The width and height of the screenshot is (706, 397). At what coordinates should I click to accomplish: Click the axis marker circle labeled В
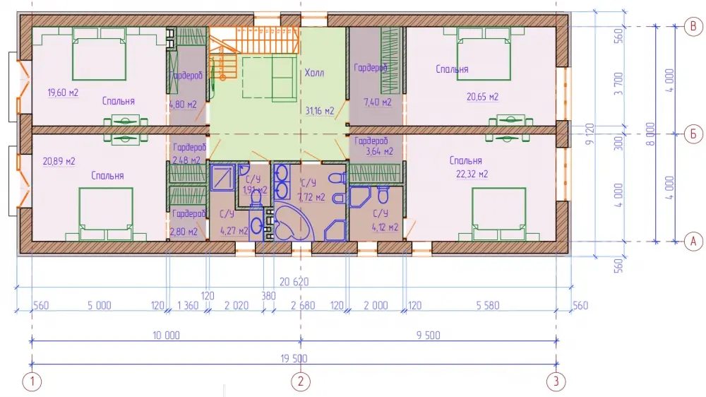tap(693, 26)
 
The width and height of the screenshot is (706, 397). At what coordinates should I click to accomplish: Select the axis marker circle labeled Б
tap(693, 134)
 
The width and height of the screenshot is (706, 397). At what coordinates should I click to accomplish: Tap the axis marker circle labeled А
tap(693, 241)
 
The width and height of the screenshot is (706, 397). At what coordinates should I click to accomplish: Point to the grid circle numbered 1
tap(32, 381)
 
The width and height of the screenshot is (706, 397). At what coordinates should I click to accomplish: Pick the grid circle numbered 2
tap(301, 381)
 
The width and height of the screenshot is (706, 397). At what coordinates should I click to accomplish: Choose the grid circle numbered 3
tap(556, 381)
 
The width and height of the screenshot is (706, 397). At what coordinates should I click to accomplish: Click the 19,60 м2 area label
tap(63, 93)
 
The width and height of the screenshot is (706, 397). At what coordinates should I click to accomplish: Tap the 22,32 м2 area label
tap(472, 174)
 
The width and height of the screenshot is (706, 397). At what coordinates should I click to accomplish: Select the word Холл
tap(314, 73)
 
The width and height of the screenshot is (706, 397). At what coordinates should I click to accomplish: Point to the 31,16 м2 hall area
tap(320, 111)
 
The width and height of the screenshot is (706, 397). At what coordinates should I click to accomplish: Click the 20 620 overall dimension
tap(294, 282)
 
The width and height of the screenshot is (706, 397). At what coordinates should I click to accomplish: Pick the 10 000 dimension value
tap(166, 336)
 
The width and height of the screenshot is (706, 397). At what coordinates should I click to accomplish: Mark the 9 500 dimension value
tap(429, 336)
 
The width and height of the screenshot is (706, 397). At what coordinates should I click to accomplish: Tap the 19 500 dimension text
tap(294, 359)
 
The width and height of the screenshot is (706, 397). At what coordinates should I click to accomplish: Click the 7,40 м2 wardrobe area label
tap(378, 102)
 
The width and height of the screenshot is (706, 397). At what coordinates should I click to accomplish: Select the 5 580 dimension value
tap(488, 306)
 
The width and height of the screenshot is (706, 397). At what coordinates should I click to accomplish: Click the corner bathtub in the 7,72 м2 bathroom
tap(294, 223)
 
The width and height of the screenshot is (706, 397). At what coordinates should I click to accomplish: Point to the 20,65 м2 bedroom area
tap(482, 97)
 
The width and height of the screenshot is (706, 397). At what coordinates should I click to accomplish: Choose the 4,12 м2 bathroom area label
tap(385, 227)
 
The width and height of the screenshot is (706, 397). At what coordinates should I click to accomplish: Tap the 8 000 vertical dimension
tap(650, 134)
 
